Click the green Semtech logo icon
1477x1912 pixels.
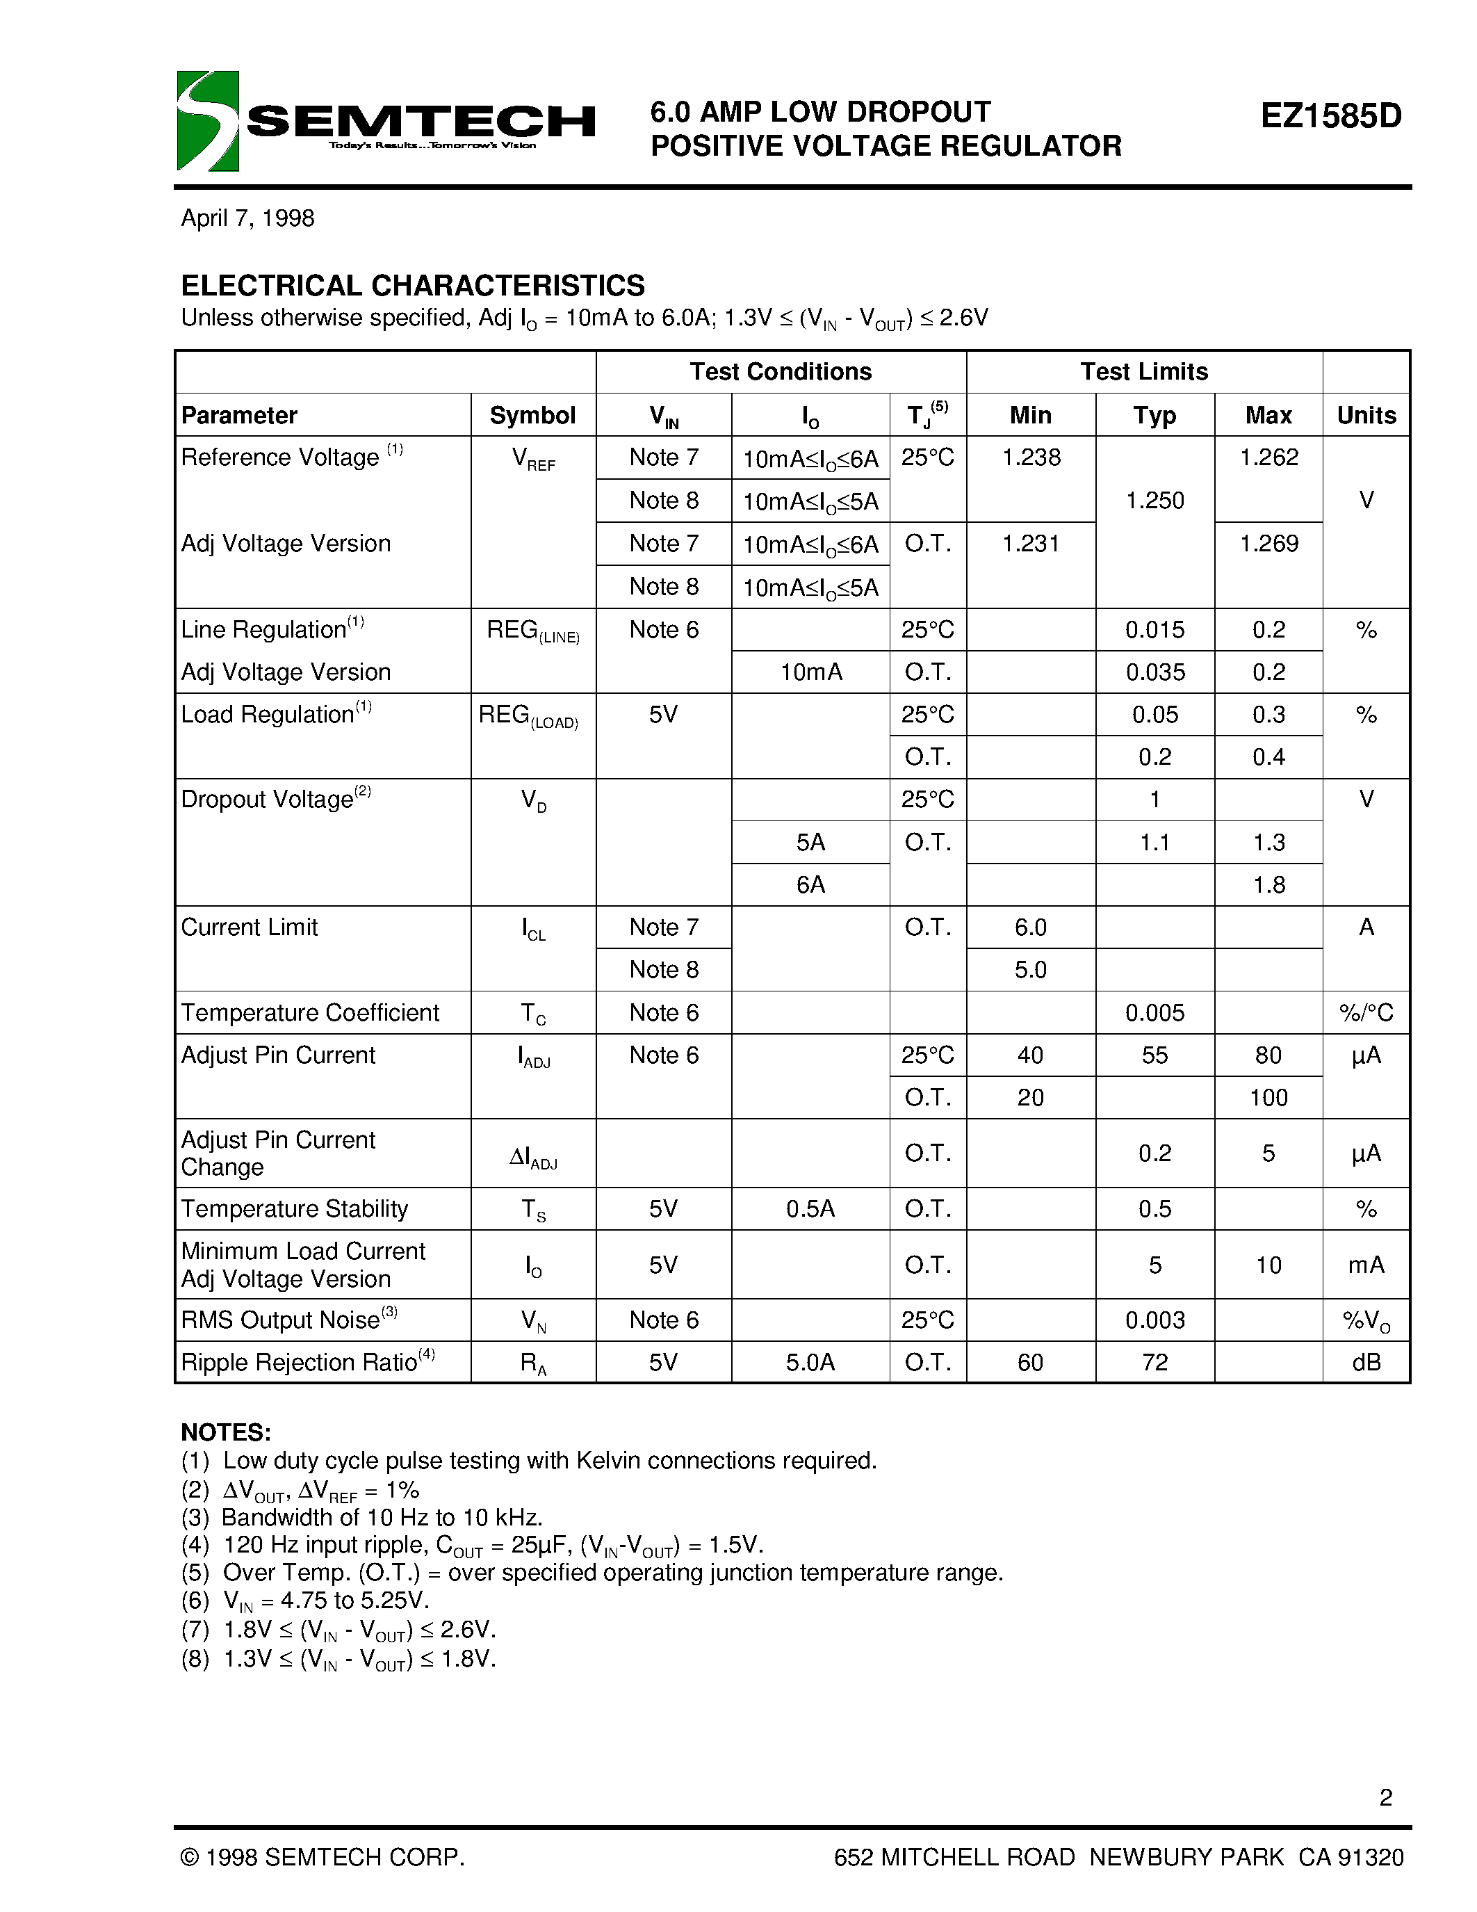(207, 121)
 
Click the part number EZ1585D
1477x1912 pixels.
(1330, 115)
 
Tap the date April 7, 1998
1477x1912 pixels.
(247, 218)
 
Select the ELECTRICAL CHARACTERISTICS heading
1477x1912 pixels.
(412, 285)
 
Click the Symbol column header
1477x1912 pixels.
(532, 415)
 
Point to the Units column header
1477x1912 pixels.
(1366, 415)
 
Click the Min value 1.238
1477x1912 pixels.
(1031, 457)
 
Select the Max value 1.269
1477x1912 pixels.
(1268, 544)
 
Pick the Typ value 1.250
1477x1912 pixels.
(1154, 501)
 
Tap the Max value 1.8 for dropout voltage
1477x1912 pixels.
(1268, 885)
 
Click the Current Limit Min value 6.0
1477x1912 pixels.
(1031, 927)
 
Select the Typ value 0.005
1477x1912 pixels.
(1154, 1013)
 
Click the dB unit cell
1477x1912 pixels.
(1366, 1362)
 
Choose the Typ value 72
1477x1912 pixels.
(1154, 1362)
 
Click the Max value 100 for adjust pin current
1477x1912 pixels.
(1268, 1098)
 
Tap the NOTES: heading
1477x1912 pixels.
(226, 1432)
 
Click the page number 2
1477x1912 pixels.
(1385, 1797)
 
